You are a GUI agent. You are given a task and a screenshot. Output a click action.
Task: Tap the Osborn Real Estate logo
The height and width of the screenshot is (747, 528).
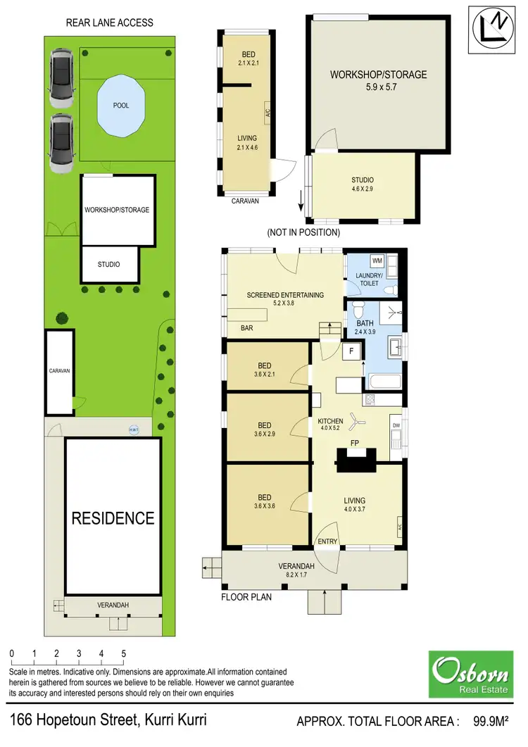point(471,673)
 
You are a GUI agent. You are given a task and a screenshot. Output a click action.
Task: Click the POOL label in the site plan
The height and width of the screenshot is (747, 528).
point(121,106)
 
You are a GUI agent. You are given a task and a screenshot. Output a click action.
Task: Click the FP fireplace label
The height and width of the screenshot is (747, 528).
point(357,444)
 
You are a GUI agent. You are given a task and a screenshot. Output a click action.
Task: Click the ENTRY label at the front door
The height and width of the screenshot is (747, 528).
point(328,541)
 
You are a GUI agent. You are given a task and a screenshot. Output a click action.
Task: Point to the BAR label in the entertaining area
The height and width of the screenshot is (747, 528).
point(247,328)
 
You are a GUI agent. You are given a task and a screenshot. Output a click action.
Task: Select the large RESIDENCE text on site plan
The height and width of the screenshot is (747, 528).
point(113,519)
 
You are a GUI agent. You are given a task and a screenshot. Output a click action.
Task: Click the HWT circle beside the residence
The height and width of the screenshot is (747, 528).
point(133,429)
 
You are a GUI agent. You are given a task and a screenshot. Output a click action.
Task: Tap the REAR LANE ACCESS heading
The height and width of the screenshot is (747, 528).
point(109,23)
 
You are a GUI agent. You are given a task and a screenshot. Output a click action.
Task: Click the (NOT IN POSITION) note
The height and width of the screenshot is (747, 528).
point(303,232)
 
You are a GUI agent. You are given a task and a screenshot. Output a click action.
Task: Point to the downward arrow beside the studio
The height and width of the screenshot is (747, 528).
point(301,205)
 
